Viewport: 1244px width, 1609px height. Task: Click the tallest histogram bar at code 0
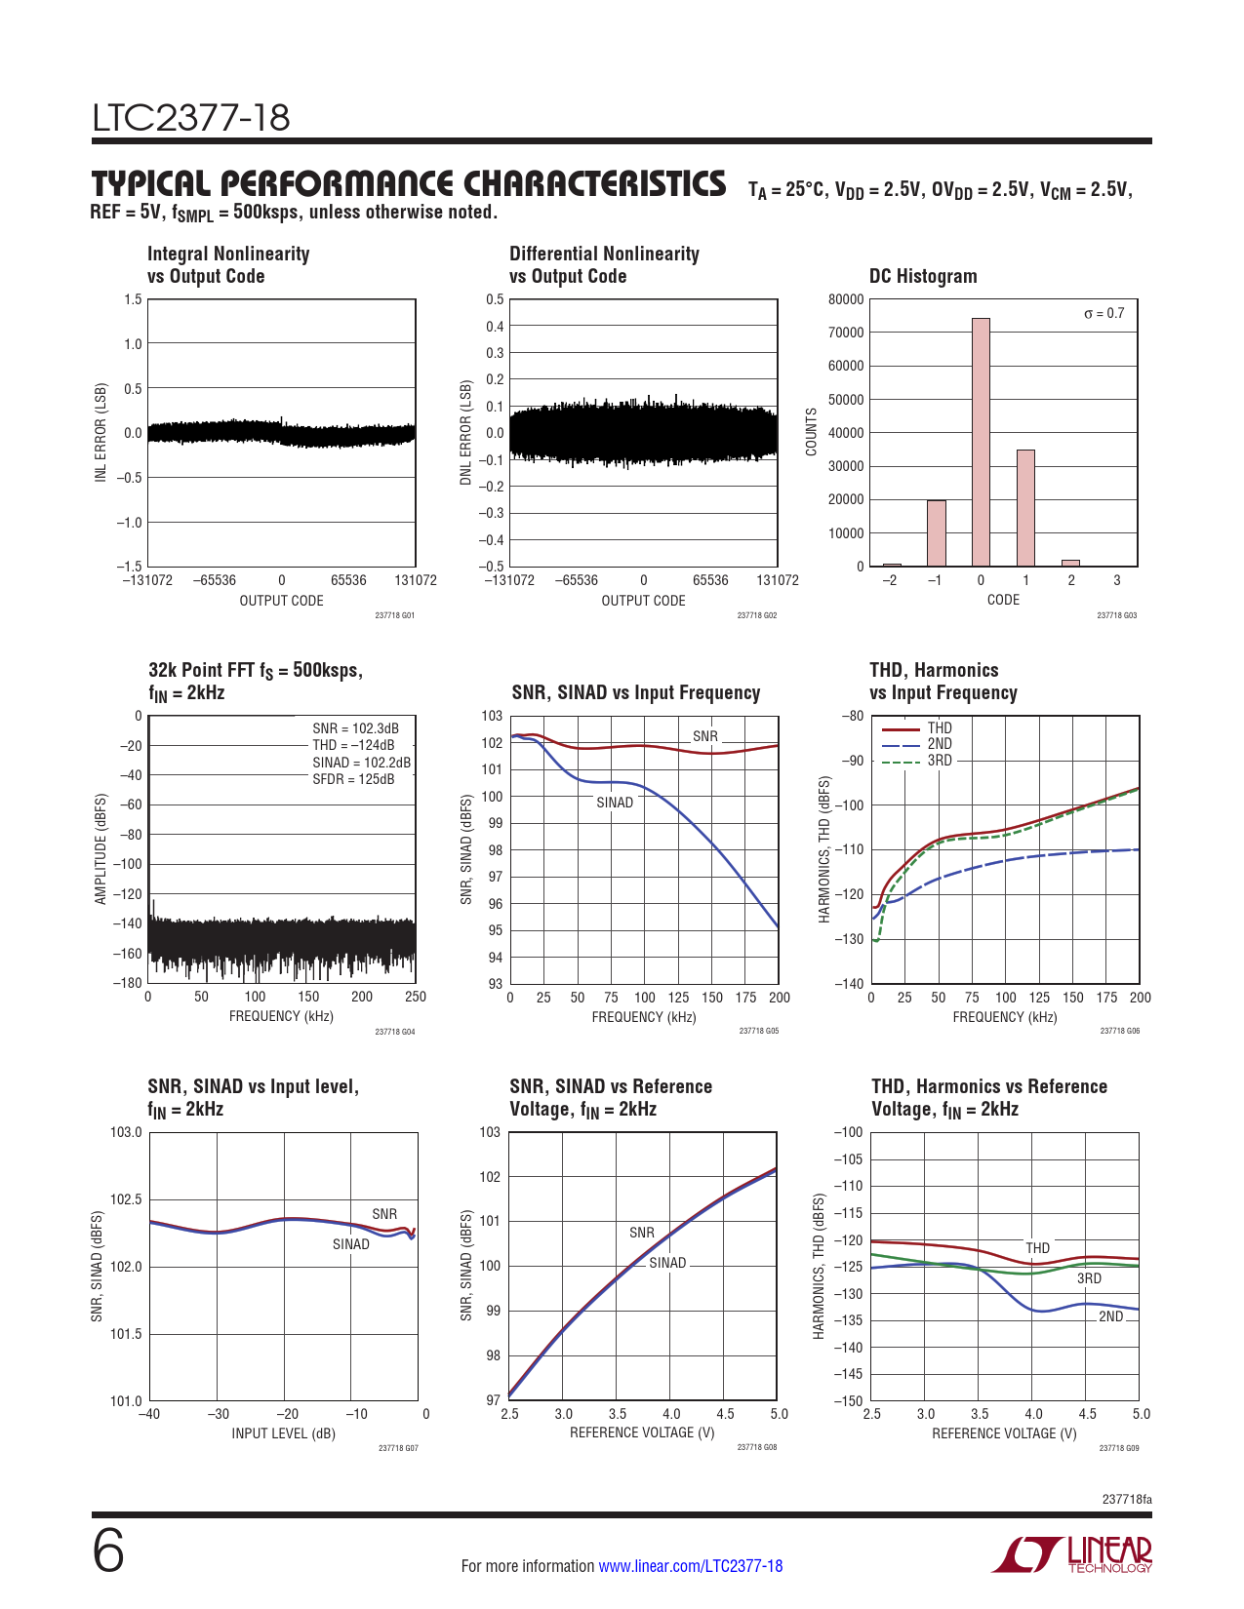tap(981, 442)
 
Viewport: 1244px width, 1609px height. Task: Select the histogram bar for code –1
tap(936, 532)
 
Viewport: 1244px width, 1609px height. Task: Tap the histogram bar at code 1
tap(1025, 507)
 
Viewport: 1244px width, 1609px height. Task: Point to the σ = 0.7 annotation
tap(1104, 313)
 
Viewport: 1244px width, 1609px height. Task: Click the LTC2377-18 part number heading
tap(191, 118)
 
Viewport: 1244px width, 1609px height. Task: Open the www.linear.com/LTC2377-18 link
tap(690, 1566)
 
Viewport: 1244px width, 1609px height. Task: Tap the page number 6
tap(108, 1551)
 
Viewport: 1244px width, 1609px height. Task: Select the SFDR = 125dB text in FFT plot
tap(353, 779)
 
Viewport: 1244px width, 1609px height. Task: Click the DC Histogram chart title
tap(923, 276)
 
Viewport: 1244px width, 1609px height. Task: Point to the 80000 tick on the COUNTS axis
tap(846, 299)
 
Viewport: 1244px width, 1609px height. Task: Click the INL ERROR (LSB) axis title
tap(100, 432)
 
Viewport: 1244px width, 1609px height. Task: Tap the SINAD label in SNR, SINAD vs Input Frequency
tap(615, 803)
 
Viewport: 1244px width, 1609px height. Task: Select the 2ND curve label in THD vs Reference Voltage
tap(1110, 1316)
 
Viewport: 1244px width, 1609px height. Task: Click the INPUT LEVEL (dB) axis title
tap(283, 1433)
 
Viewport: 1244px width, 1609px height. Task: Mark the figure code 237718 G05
tap(758, 1031)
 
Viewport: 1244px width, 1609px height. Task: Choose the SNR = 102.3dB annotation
tap(355, 728)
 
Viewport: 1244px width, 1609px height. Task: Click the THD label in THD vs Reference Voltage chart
tap(1037, 1248)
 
